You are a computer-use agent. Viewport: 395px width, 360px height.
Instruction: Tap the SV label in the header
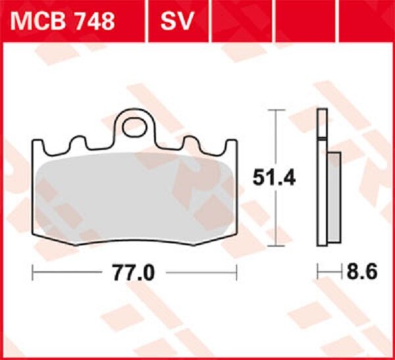[176, 22]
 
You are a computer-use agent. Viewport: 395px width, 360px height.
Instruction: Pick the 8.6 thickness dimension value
[361, 272]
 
